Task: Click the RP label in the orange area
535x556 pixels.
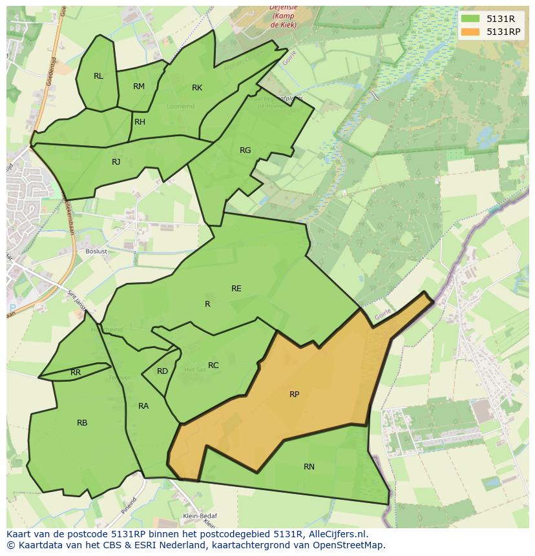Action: [x=294, y=394]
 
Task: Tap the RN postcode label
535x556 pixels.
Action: [x=309, y=466]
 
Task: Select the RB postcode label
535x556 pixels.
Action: [x=82, y=423]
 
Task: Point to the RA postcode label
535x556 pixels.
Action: [x=143, y=406]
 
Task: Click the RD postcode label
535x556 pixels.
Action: [x=162, y=371]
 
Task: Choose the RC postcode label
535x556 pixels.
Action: [x=213, y=366]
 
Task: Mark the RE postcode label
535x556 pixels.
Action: [x=236, y=289]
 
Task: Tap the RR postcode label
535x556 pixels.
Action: [x=76, y=373]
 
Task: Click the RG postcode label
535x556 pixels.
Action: [x=245, y=150]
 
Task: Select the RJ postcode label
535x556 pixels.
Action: [x=116, y=162]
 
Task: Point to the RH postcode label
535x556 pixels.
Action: [x=140, y=122]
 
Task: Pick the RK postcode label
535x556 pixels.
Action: [x=197, y=88]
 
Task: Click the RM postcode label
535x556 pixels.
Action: [x=139, y=87]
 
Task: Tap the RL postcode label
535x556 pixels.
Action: [x=98, y=76]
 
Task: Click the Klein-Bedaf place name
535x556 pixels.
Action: [x=200, y=516]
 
